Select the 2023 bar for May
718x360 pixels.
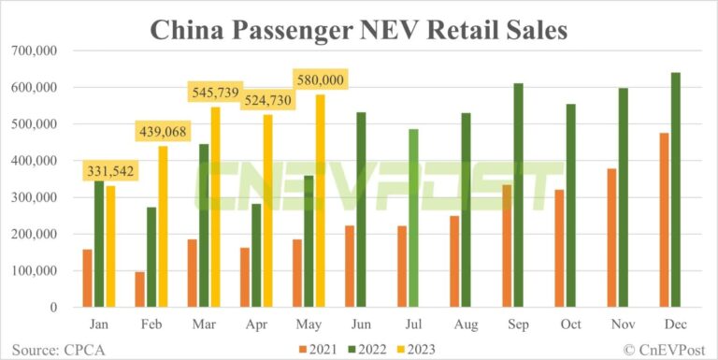coord(320,200)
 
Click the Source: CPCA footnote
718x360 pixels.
coord(48,348)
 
